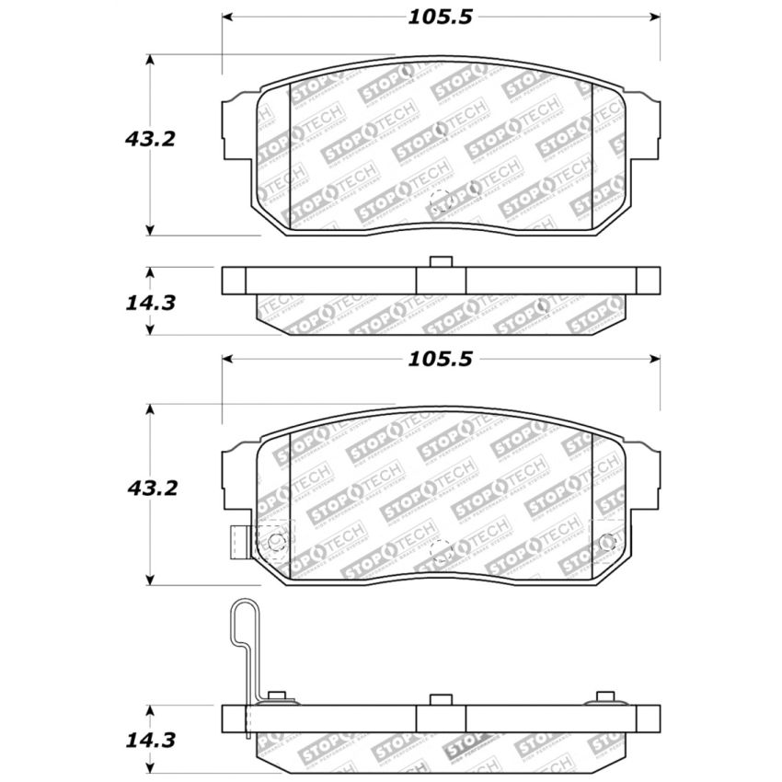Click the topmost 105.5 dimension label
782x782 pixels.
coord(443,17)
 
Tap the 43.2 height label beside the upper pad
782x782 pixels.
coord(149,139)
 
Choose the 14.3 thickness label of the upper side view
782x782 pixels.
coord(149,302)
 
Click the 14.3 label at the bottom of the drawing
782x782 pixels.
coord(149,739)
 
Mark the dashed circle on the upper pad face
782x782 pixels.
coord(442,200)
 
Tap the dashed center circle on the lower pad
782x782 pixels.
coord(442,552)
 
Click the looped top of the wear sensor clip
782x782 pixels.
coord(242,615)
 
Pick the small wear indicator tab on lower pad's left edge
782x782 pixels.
coord(238,542)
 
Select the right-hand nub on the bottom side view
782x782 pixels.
coord(604,696)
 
